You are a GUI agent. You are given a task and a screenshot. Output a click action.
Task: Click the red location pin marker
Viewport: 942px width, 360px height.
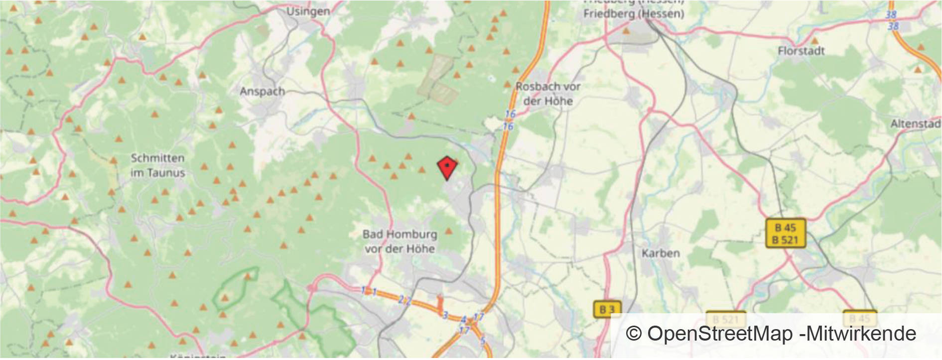[447, 167]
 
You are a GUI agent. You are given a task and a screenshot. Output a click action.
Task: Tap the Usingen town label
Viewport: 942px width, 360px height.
[308, 11]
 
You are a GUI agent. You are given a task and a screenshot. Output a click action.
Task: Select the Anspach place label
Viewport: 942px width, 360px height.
[262, 92]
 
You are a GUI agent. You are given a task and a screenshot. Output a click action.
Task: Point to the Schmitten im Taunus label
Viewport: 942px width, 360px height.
[157, 165]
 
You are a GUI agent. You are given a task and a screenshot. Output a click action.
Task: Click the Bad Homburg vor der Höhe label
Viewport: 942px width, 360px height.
[400, 241]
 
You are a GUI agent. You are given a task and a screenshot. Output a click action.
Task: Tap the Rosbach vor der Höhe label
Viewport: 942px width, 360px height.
[548, 94]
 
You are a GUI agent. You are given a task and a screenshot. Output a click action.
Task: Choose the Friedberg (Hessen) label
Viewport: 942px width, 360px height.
[634, 13]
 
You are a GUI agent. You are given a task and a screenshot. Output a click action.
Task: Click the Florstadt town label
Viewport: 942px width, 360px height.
[801, 51]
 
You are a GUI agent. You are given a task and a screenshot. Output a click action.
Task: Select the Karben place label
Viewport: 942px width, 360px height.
[661, 253]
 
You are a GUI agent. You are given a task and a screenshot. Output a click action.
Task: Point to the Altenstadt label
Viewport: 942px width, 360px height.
[916, 123]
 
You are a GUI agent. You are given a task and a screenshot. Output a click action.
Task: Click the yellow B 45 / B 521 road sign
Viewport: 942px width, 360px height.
[785, 234]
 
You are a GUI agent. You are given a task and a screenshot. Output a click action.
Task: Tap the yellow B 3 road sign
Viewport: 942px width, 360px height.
[607, 309]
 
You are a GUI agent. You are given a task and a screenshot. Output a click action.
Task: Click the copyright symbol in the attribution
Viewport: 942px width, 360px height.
[633, 334]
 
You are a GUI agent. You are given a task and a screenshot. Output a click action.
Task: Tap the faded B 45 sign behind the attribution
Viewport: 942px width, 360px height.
[859, 318]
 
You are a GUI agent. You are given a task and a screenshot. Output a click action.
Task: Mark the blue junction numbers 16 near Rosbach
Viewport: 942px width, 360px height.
[509, 120]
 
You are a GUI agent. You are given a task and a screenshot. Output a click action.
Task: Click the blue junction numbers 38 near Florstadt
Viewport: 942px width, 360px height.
[891, 20]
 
